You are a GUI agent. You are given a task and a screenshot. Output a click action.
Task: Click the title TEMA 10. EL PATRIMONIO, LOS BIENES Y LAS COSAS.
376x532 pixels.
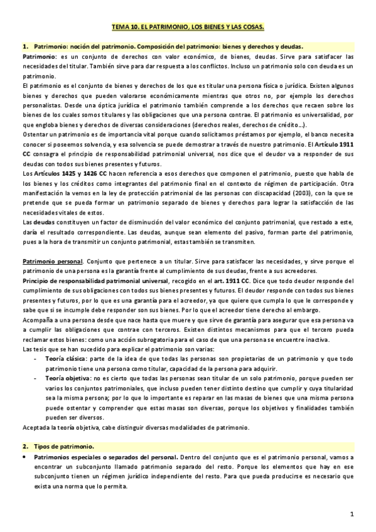(188, 28)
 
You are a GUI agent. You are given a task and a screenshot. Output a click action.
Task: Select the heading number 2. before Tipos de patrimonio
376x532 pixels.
(25, 446)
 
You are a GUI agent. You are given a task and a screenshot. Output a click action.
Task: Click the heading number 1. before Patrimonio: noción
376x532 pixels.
(25, 47)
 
